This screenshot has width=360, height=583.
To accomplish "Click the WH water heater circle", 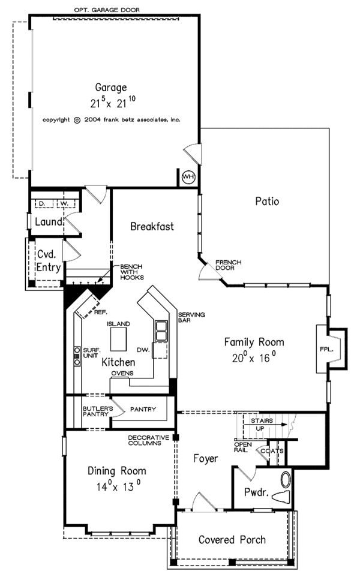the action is click(188, 177).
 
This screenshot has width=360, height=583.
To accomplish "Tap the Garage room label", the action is click(111, 88).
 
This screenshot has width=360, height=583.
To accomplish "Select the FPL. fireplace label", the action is click(326, 350).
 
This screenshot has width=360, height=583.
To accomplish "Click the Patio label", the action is click(267, 201).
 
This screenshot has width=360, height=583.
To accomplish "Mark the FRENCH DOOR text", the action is click(229, 265).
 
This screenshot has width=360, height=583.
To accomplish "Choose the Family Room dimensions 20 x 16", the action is click(254, 357).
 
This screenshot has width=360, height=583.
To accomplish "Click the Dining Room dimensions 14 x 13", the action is click(119, 486).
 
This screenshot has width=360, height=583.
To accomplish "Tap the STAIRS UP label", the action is click(262, 425).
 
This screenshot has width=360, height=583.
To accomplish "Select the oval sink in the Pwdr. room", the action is click(286, 480).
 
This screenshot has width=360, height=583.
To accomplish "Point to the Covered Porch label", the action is click(232, 539).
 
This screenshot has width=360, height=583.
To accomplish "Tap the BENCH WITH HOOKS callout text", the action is click(131, 272).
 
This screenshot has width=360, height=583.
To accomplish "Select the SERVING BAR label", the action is click(191, 317).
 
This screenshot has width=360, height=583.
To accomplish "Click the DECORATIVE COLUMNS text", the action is click(148, 440).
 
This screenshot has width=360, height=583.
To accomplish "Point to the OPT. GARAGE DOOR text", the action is click(107, 10).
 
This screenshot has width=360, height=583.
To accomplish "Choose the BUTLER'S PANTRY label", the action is click(95, 411).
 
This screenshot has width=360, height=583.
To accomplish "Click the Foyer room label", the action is click(206, 458).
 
